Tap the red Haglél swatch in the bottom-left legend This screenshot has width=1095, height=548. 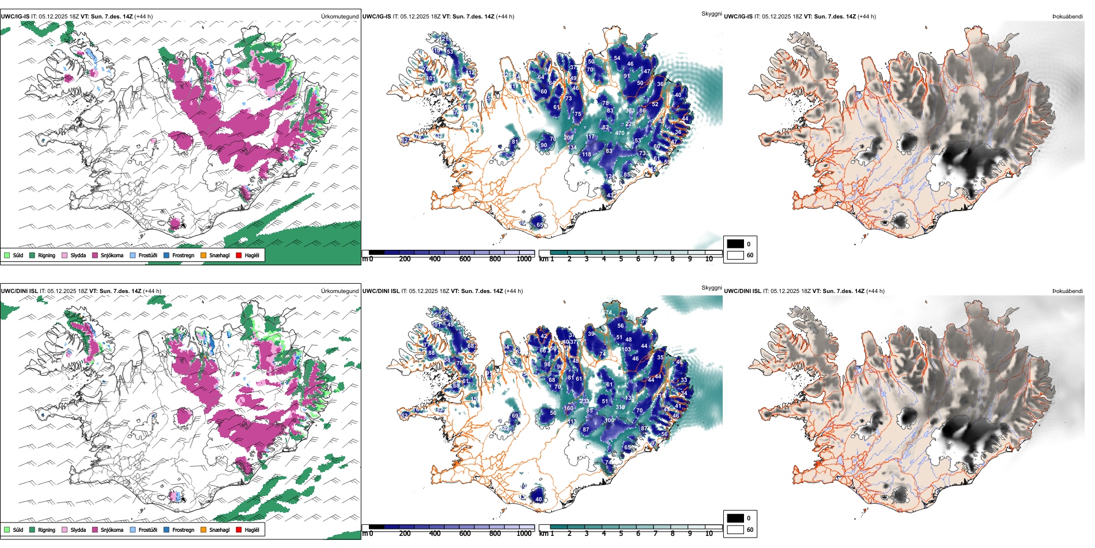pos(239,530)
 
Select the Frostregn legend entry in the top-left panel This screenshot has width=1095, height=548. pos(167,255)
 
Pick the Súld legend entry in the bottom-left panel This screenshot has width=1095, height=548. pos(7,530)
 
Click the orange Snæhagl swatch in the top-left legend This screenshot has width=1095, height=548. pos(203,255)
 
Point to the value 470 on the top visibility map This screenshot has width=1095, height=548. pos(620,133)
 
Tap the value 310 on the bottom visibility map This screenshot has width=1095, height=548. pos(620,407)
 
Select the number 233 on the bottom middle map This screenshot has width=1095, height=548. pos(584,401)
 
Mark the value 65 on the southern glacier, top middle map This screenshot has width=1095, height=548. pos(540,225)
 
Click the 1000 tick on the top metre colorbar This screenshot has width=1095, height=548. pos(524,259)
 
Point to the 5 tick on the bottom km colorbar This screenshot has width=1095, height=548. pos(621,534)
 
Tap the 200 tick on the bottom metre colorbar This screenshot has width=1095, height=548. pos(405,534)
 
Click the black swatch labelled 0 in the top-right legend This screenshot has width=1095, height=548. pos(735,244)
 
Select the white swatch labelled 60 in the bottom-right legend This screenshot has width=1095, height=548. pos(735,530)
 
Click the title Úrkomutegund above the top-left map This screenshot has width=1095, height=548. pos(339,17)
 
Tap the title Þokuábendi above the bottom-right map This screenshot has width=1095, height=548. pos(1067,291)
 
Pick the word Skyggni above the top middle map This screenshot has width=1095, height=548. pos(711,13)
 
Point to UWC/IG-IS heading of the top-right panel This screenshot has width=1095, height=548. pos(738,17)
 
